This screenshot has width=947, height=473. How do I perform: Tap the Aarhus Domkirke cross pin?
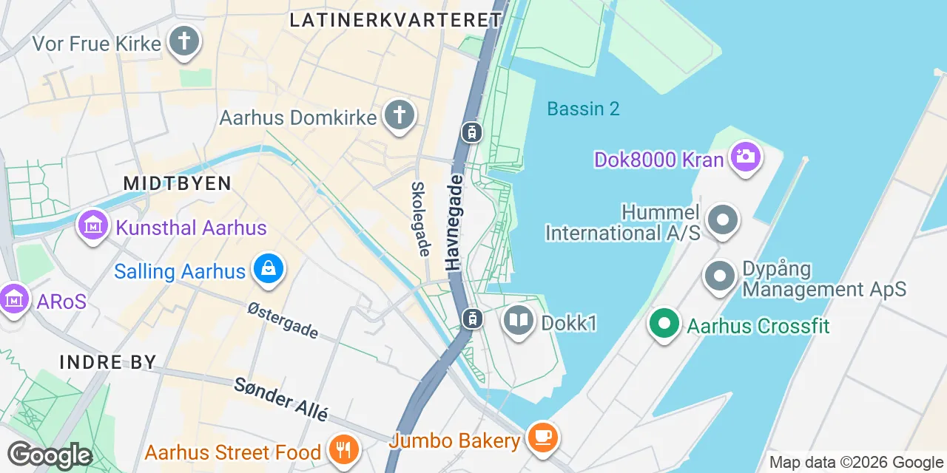click(400, 115)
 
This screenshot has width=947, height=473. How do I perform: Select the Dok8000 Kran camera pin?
click(745, 157)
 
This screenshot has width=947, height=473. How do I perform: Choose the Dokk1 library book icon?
click(519, 321)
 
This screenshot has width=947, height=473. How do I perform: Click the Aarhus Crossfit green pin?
click(664, 324)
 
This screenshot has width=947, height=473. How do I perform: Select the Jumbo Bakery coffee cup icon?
click(543, 438)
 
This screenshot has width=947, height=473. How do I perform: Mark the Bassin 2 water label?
click(583, 109)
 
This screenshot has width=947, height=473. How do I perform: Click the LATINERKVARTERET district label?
click(396, 20)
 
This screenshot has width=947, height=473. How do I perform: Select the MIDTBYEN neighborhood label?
click(178, 183)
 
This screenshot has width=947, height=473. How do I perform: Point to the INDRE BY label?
click(108, 362)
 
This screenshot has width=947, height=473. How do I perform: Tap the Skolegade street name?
click(419, 220)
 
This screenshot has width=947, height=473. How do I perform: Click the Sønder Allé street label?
click(281, 399)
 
